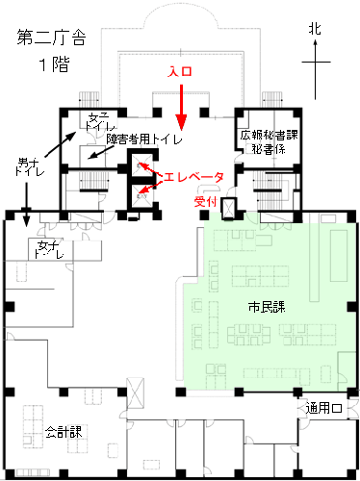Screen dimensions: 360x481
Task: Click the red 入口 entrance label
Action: [180, 71]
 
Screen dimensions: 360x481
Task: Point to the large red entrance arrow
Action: [181, 107]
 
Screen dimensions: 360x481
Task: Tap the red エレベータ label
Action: [193, 177]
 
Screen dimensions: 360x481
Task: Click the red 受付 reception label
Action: [206, 202]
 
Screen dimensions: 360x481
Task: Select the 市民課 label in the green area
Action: [267, 307]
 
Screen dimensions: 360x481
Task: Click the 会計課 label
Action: [64, 432]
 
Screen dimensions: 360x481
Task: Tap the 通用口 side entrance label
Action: [323, 408]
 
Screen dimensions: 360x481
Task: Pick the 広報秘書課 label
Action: [270, 135]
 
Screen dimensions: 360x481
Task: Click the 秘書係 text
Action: [269, 149]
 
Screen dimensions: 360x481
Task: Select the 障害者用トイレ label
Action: [144, 139]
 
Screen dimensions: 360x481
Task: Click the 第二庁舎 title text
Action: [52, 38]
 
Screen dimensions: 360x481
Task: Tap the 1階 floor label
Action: [54, 64]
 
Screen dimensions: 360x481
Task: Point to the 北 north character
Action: [315, 29]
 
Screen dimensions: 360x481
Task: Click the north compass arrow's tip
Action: [316, 39]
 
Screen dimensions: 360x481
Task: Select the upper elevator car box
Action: [142, 165]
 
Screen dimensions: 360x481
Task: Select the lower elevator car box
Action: [142, 196]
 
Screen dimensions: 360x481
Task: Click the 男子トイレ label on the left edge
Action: [30, 166]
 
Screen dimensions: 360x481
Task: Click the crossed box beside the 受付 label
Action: [229, 209]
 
